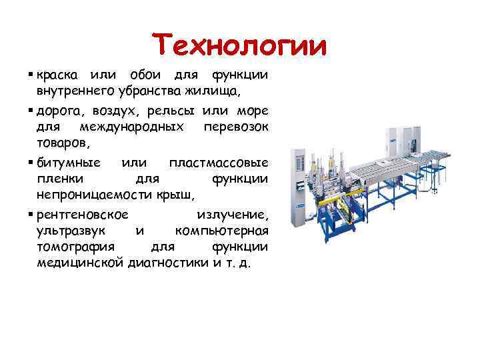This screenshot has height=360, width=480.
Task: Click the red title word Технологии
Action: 239,46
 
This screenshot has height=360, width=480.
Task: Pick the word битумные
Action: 69,163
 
